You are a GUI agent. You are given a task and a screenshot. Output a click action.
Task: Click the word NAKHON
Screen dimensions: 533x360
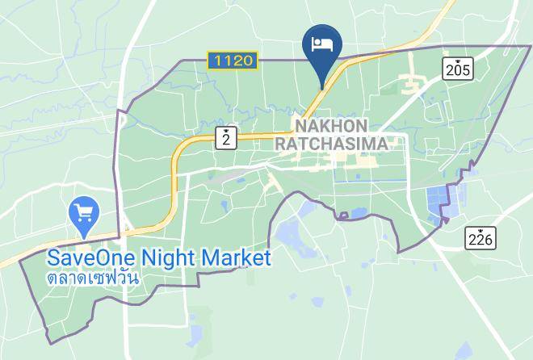coord(331,126)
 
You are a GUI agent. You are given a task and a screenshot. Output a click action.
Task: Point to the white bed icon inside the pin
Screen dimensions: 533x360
coord(322,42)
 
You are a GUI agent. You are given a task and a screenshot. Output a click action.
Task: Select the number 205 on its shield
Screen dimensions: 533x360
coord(456,71)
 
